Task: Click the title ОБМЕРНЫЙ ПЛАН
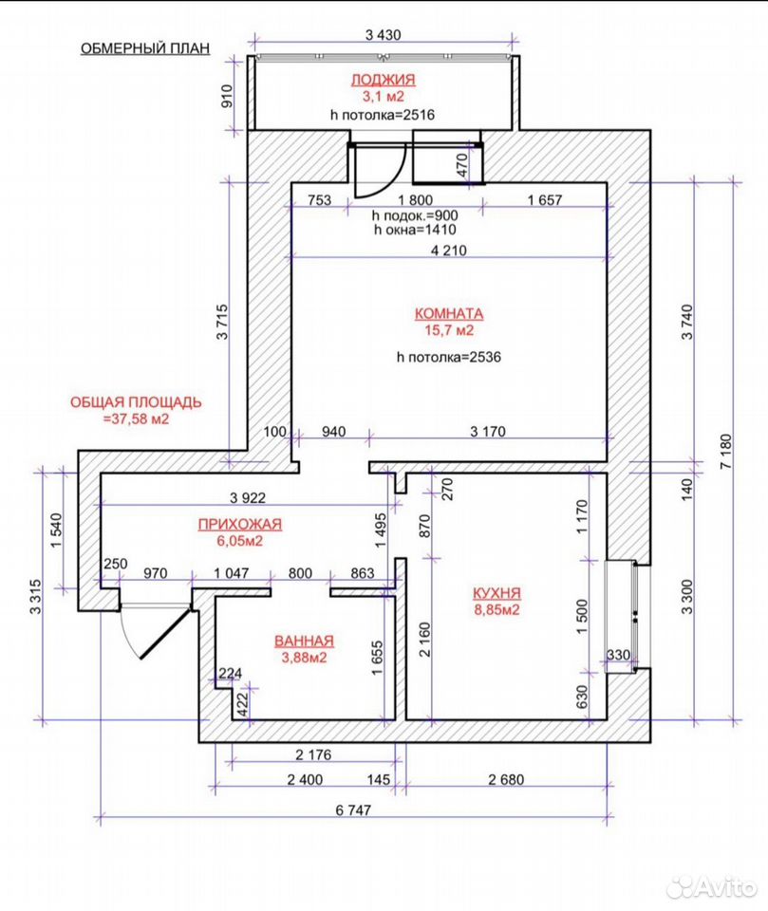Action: tap(144, 48)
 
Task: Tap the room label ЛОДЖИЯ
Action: tap(384, 80)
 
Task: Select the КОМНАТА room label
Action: tap(449, 314)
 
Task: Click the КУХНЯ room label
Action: tap(496, 593)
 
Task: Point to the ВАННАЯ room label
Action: tap(304, 641)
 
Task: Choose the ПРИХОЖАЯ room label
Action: tap(239, 524)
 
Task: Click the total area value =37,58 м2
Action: tap(136, 418)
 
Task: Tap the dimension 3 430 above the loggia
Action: tap(384, 35)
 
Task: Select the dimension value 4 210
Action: tap(448, 251)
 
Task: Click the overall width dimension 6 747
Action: tap(353, 809)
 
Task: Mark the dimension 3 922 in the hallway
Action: tap(248, 497)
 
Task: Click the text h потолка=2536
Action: tap(449, 357)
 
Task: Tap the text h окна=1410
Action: tap(415, 230)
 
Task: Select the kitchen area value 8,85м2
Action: tap(496, 610)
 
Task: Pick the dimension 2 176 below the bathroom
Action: tap(313, 754)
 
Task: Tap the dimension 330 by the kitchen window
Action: tap(618, 655)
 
